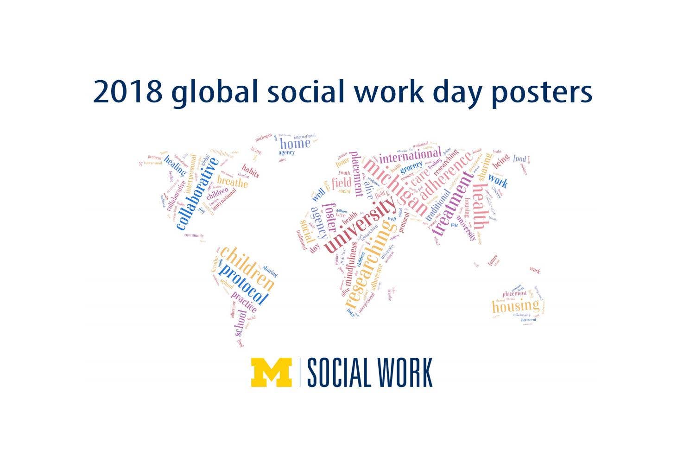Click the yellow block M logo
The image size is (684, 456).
pos(271,372)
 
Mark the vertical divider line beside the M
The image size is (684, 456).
pos(299,372)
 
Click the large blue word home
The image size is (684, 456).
pos(295,143)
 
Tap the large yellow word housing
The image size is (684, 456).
pos(515,306)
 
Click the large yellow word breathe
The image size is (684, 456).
pos(232,182)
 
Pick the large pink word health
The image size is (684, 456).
pos(480,207)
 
